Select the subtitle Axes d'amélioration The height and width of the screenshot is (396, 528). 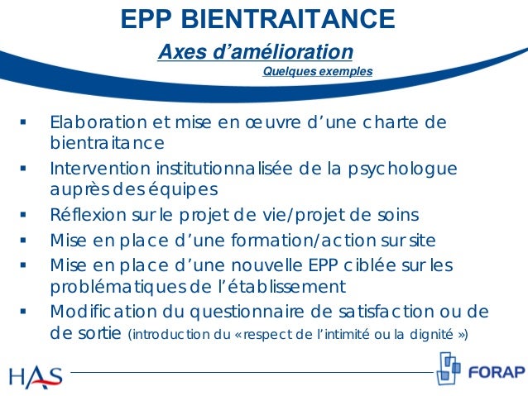256,52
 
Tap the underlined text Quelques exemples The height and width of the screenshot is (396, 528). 317,72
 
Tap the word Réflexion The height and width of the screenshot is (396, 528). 85,216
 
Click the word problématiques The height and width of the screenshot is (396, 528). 112,287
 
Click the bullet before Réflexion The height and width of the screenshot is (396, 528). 25,217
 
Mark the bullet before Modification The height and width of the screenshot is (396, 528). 25,313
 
